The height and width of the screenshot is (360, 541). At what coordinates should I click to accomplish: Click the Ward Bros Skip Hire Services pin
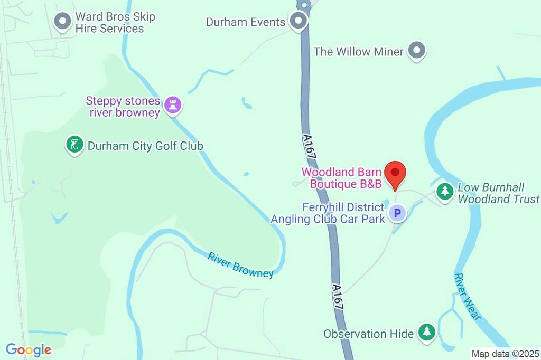click(x=63, y=22)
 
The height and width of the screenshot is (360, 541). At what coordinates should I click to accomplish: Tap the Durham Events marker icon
click(x=299, y=22)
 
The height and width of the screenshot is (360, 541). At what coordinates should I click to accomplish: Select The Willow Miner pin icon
click(x=418, y=51)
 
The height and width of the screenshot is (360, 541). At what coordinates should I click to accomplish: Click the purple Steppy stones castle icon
click(x=172, y=105)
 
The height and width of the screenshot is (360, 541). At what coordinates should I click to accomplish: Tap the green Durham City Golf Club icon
click(x=74, y=145)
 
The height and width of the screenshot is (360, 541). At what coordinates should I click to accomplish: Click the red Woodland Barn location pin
click(x=395, y=174)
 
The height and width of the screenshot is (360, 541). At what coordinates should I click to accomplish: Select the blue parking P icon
click(x=397, y=213)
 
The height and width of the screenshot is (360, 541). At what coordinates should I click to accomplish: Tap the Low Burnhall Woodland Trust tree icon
click(x=445, y=191)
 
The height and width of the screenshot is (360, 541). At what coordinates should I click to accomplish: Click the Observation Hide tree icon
click(x=426, y=332)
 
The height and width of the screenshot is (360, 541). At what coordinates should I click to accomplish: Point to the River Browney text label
click(x=240, y=264)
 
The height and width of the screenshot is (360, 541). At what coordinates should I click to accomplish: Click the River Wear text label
click(x=467, y=297)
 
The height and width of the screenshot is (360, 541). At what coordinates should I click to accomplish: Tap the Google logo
click(x=29, y=349)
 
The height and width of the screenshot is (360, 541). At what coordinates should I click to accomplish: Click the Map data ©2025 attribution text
click(x=506, y=354)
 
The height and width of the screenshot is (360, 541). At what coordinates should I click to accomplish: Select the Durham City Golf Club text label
click(x=145, y=146)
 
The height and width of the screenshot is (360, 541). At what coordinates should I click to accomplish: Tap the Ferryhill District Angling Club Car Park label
click(x=328, y=213)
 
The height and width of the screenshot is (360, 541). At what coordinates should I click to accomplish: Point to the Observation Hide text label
click(x=369, y=334)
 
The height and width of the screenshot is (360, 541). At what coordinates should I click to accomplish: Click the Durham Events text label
click(x=246, y=22)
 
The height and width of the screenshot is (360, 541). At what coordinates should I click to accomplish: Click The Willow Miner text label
click(x=358, y=51)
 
